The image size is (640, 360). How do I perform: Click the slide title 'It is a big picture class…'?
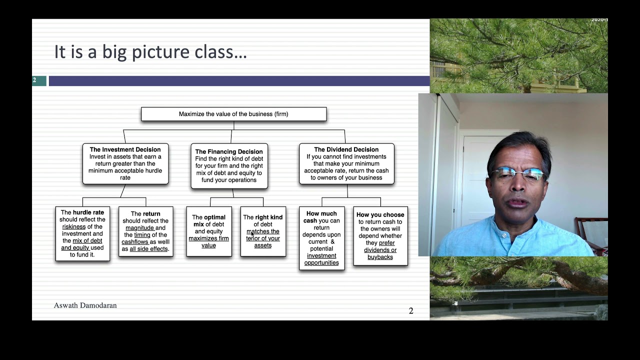tap(150, 52)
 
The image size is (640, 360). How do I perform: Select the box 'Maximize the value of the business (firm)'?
tap(233, 114)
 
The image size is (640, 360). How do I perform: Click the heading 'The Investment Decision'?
tap(125, 149)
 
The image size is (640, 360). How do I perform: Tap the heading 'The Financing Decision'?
tap(229, 151)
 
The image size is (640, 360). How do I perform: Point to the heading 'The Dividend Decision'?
tap(346, 149)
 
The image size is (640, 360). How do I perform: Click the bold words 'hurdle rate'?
tap(88, 212)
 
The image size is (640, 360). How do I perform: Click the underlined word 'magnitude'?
tap(139, 228)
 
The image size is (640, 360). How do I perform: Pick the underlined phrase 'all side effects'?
tap(149, 249)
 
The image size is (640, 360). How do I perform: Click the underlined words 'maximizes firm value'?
tap(208, 242)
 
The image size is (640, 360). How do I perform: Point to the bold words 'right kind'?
tap(268, 217)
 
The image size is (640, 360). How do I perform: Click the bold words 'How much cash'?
tap(320, 217)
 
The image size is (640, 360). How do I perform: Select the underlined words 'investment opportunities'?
tap(321, 259)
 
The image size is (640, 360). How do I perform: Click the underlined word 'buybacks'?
tap(380, 257)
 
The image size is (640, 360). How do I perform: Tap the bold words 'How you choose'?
tap(380, 214)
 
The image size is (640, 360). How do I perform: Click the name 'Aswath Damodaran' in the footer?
tap(85, 305)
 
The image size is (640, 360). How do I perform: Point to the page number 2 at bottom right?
tap(411, 311)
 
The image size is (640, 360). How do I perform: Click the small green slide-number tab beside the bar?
tap(39, 80)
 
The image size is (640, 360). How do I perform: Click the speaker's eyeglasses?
tap(517, 173)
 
